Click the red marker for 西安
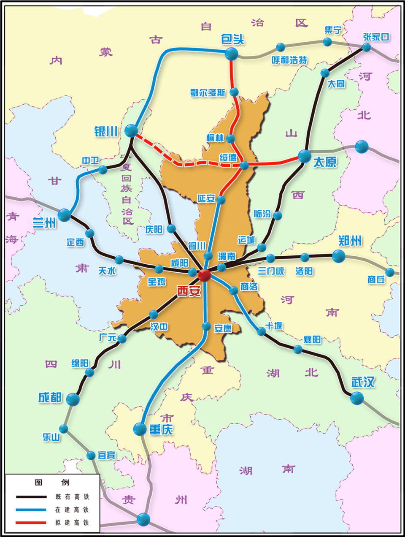204,275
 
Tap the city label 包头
233,39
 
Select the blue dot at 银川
131,130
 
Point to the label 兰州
44,222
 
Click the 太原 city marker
305,156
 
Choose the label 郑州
350,241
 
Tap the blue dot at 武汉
357,398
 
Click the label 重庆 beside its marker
161,429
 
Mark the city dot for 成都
73,399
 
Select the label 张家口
376,37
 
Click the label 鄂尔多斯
208,93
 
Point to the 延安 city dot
221,200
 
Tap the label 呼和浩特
289,60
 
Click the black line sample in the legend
31,497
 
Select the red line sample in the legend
31,523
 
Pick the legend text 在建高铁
72,510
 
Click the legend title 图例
52,483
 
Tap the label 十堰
274,326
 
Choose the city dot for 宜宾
91,456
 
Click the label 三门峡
271,271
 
